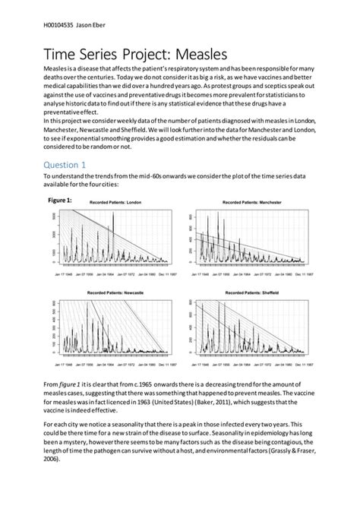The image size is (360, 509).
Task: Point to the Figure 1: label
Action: [x=61, y=199]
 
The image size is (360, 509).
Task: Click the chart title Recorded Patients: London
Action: [x=115, y=204]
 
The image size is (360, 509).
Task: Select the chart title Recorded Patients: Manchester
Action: [x=251, y=204]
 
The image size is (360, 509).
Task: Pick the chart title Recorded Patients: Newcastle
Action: [x=115, y=292]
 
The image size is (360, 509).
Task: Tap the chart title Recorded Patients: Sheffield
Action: [x=251, y=292]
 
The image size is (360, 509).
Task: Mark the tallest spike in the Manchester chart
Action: [x=219, y=217]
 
